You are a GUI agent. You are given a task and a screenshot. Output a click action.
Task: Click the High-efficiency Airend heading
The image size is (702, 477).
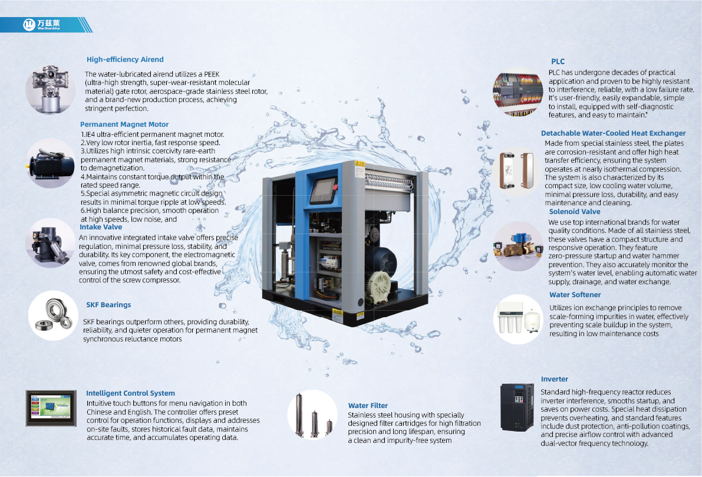point(125,60)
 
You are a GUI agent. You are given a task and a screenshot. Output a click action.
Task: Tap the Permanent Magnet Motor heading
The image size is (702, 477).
point(124,124)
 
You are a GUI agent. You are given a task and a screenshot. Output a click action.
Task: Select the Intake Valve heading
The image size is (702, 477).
point(101,227)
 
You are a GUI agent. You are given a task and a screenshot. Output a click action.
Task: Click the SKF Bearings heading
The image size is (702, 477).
point(108,305)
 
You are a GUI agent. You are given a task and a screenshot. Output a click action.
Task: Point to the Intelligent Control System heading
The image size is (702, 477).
point(130,393)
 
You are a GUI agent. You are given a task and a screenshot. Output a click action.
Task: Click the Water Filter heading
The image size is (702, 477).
point(368,405)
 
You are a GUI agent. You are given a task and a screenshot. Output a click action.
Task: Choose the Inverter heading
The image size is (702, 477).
point(554,379)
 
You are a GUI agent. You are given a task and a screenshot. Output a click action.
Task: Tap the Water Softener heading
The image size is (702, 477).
point(575,295)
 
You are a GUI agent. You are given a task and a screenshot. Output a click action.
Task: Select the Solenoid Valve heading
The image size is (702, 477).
point(575,212)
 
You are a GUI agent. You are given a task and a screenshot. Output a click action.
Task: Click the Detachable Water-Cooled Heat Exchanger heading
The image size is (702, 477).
point(614,133)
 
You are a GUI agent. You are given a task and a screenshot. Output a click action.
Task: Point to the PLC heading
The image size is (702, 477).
point(558,61)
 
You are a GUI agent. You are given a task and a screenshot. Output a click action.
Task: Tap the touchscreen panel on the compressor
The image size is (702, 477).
point(323,191)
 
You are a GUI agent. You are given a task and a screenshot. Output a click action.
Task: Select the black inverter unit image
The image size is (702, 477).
point(517,407)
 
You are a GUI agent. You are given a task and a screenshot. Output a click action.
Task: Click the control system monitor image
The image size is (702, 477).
point(51,408)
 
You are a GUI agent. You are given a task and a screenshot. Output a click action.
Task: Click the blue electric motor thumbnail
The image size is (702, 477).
point(51,163)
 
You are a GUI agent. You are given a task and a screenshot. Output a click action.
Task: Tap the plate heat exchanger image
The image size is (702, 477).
point(517,170)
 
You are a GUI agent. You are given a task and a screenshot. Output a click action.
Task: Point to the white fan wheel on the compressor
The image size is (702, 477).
point(379,285)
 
